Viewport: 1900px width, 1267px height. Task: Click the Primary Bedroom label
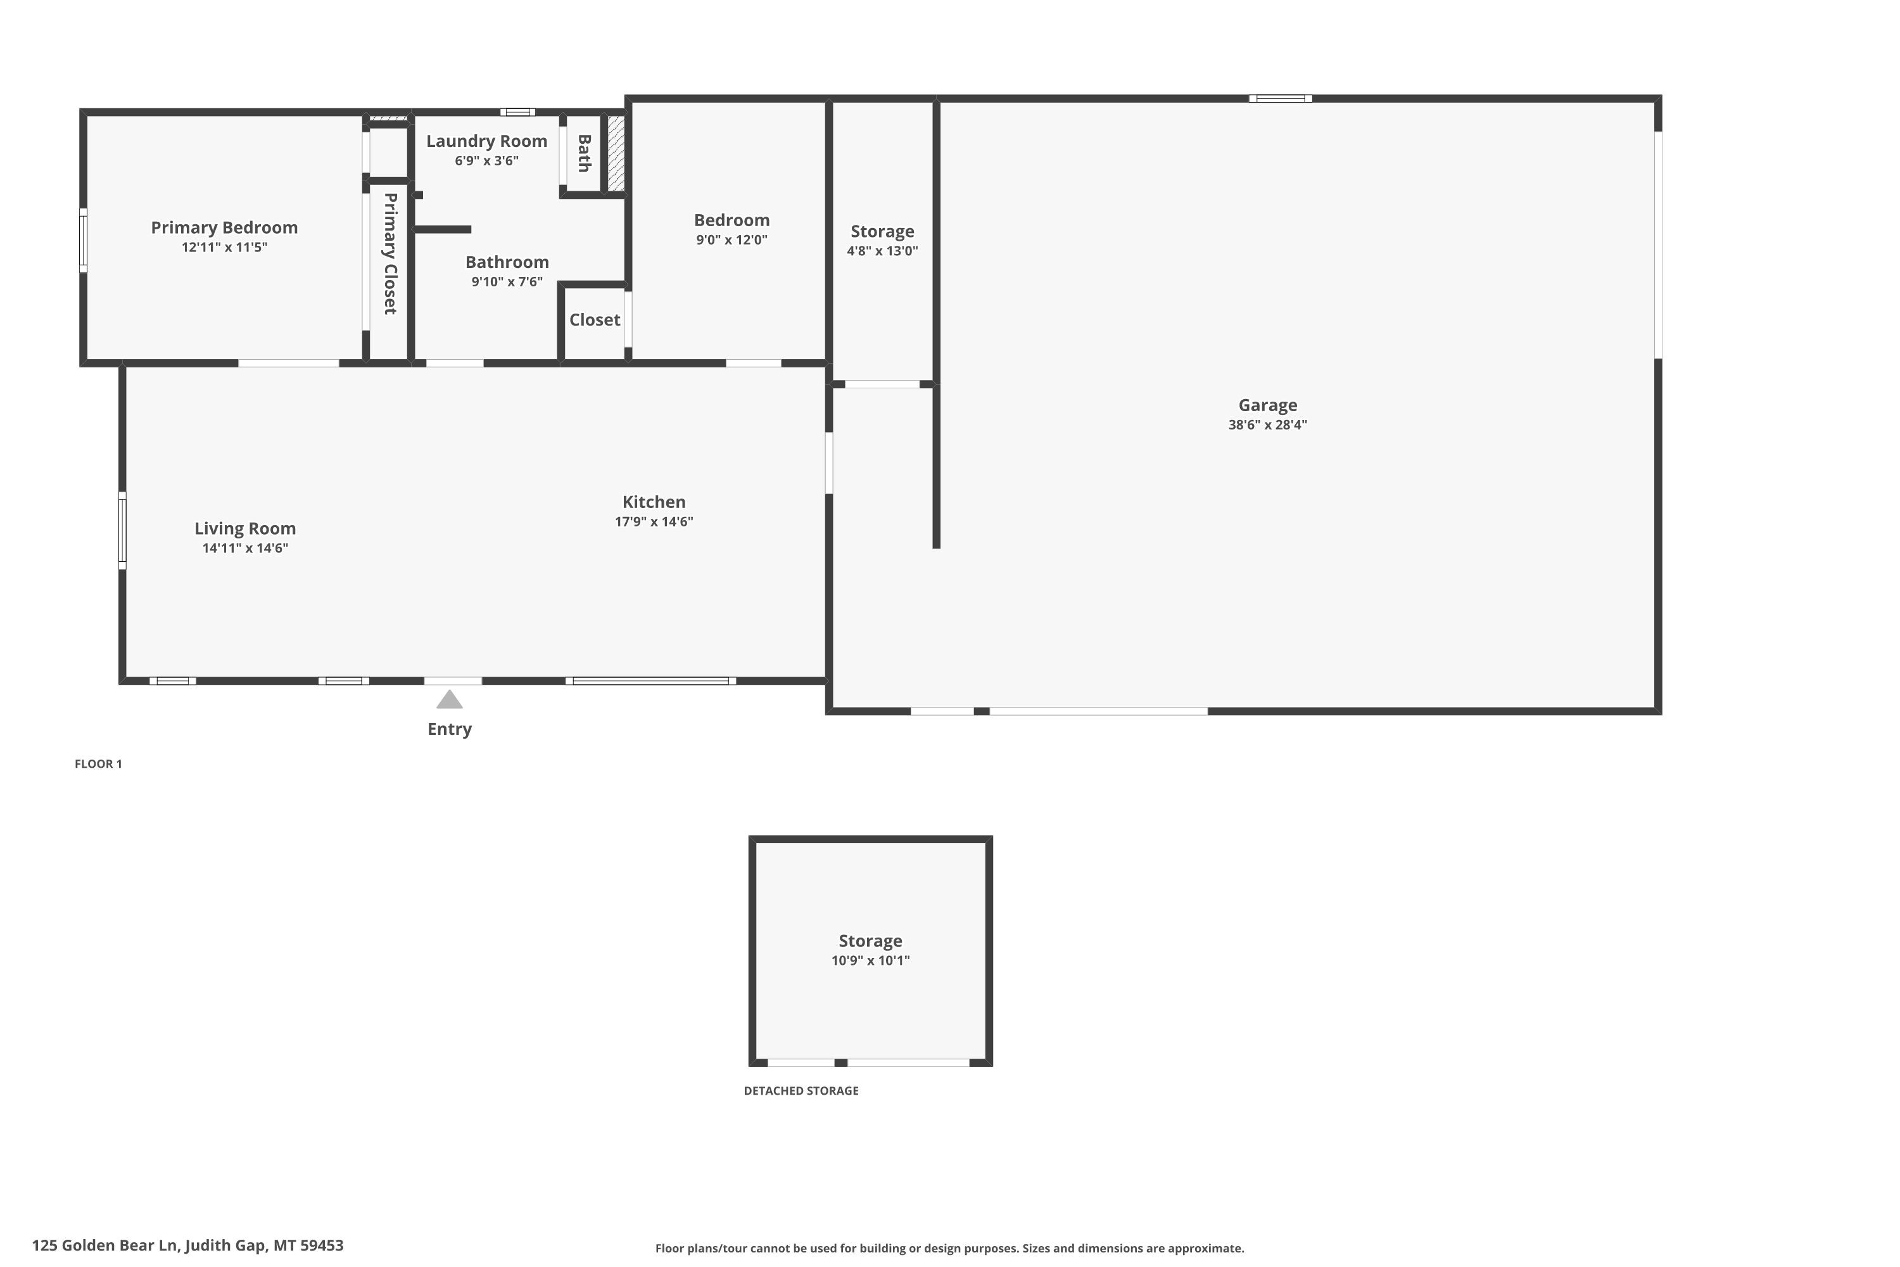click(225, 228)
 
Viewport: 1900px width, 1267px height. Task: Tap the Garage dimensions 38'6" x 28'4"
click(1267, 425)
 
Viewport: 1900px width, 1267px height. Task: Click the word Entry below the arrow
click(449, 730)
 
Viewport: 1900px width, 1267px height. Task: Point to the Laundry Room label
click(486, 141)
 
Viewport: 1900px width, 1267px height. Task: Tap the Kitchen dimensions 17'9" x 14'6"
click(654, 522)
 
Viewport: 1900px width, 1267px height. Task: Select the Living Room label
click(244, 529)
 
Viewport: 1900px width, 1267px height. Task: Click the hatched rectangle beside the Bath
click(616, 153)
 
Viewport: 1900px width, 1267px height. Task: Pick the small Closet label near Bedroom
click(595, 320)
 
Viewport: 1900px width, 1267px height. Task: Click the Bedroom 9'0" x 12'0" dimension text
click(732, 240)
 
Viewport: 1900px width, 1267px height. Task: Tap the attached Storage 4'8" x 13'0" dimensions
click(882, 251)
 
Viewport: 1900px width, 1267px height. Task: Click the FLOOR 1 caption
click(99, 765)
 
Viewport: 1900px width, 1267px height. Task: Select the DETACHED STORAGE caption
click(801, 1091)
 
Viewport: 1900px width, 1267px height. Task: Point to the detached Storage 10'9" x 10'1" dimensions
click(870, 961)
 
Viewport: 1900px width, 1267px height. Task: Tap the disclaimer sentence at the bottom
click(949, 1249)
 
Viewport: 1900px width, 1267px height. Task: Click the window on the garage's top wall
click(1281, 99)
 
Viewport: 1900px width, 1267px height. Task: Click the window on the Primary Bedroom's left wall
click(83, 240)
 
